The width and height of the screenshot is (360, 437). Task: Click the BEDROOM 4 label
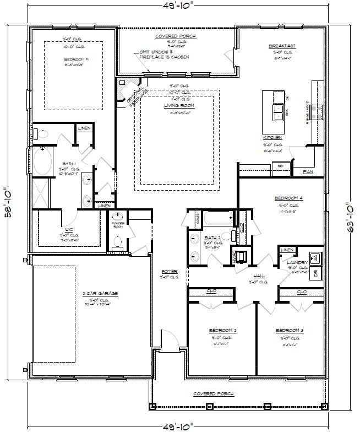[288, 198]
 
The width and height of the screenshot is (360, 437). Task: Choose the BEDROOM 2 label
[222, 331]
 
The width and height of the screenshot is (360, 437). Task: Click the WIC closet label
[69, 228]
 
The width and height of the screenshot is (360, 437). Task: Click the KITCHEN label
[272, 137]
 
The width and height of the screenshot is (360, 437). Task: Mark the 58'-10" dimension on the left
[9, 201]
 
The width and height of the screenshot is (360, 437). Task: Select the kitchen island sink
[277, 112]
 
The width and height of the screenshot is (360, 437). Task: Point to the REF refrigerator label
[280, 165]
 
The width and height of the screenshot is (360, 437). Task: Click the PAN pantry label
[309, 172]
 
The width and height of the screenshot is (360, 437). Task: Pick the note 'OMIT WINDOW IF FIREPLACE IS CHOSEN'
[164, 55]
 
